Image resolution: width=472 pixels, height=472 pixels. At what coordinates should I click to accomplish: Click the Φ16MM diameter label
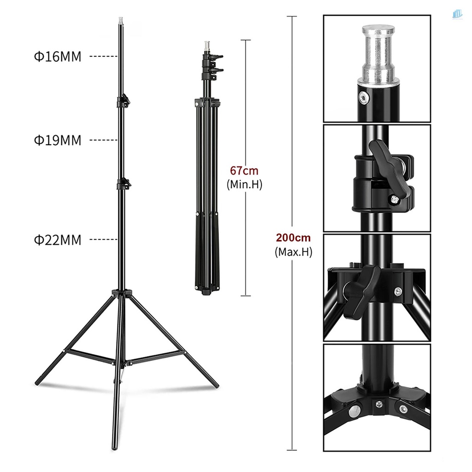click(57, 57)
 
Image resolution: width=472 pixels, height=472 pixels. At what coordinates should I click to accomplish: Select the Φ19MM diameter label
click(57, 140)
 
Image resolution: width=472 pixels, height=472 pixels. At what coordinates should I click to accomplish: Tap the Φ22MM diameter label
click(57, 240)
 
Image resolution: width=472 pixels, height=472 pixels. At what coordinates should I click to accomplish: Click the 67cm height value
click(244, 171)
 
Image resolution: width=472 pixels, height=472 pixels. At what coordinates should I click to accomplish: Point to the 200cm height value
click(293, 238)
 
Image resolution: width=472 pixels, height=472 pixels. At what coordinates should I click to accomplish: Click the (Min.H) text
click(244, 185)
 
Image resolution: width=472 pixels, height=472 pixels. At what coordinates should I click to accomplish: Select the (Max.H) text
click(293, 252)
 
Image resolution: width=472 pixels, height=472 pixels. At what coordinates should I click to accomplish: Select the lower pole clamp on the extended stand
click(123, 183)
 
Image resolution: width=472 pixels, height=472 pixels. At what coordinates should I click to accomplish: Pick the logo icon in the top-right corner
click(457, 15)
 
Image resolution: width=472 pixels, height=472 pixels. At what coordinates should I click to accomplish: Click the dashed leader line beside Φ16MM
click(103, 57)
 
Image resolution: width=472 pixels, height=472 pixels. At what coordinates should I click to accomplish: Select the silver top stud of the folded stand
click(206, 47)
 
